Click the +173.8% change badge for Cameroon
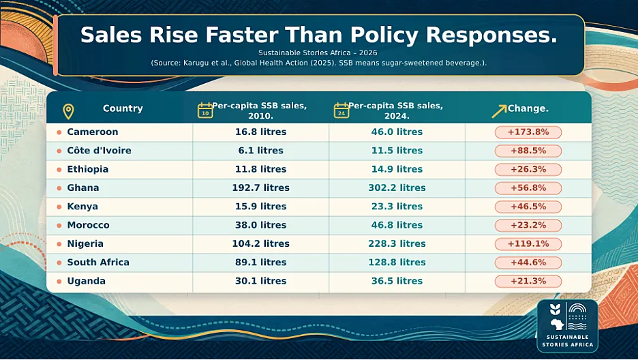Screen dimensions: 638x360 coord(528,132)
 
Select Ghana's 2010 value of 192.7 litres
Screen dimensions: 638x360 coord(261,188)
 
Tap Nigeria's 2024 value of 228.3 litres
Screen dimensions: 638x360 coord(397,243)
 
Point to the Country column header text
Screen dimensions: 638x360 coord(123,108)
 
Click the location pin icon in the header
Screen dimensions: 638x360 coord(68,111)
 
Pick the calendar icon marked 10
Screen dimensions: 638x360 coord(205,110)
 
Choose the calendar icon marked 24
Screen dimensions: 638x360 coord(341,110)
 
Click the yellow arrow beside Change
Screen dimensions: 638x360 coord(499,111)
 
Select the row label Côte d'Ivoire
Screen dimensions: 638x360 coord(100,151)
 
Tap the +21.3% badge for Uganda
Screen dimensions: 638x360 coord(528,281)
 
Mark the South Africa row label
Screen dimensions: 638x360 coord(98,262)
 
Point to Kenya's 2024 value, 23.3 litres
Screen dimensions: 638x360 coord(397,207)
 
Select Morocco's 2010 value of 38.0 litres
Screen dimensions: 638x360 coord(261,226)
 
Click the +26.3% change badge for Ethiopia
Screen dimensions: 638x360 coord(528,170)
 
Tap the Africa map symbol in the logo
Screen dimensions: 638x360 coord(557,324)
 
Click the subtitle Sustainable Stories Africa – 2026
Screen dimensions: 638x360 coord(318,53)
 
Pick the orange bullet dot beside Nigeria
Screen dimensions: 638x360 coord(59,244)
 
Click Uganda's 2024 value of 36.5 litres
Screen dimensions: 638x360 coord(397,281)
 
